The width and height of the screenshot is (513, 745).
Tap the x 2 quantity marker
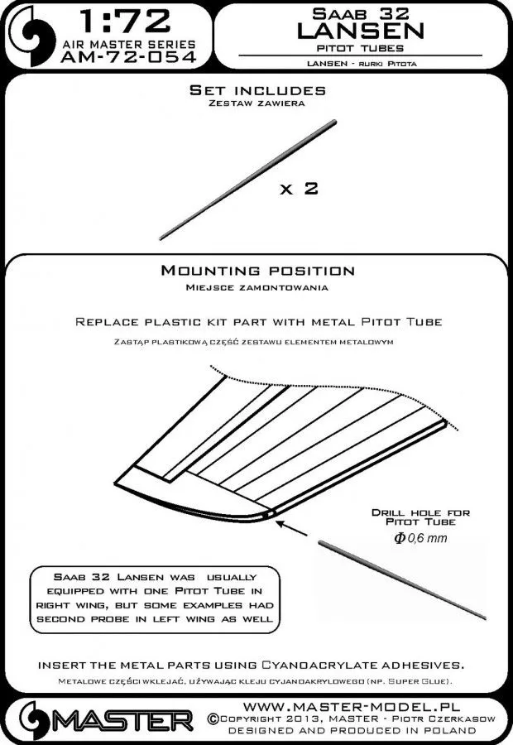pyautogui.click(x=298, y=189)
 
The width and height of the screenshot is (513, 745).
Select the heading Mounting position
pyautogui.click(x=256, y=271)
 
